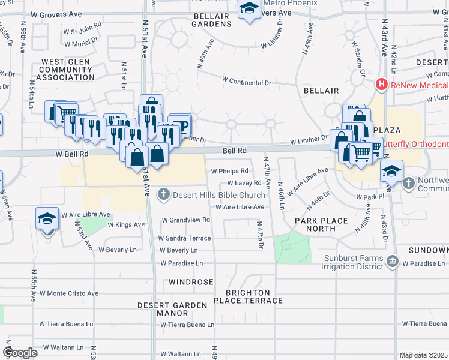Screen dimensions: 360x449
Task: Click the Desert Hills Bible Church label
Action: click(219, 195)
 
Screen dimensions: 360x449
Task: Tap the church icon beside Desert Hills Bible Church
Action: click(164, 194)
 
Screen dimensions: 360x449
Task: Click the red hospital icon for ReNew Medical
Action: click(381, 85)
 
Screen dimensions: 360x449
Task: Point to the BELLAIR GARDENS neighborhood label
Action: click(211, 19)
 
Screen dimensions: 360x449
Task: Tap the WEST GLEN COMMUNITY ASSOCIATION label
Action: click(65, 70)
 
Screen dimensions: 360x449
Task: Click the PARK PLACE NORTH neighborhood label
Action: click(322, 225)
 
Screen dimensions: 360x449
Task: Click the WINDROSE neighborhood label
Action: click(191, 281)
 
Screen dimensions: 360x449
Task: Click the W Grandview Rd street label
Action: click(185, 220)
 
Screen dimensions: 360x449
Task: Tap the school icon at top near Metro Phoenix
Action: click(249, 9)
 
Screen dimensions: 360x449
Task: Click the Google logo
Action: click(20, 353)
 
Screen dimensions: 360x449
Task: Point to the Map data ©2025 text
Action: click(423, 355)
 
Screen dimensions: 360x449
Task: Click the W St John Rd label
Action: click(82, 29)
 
